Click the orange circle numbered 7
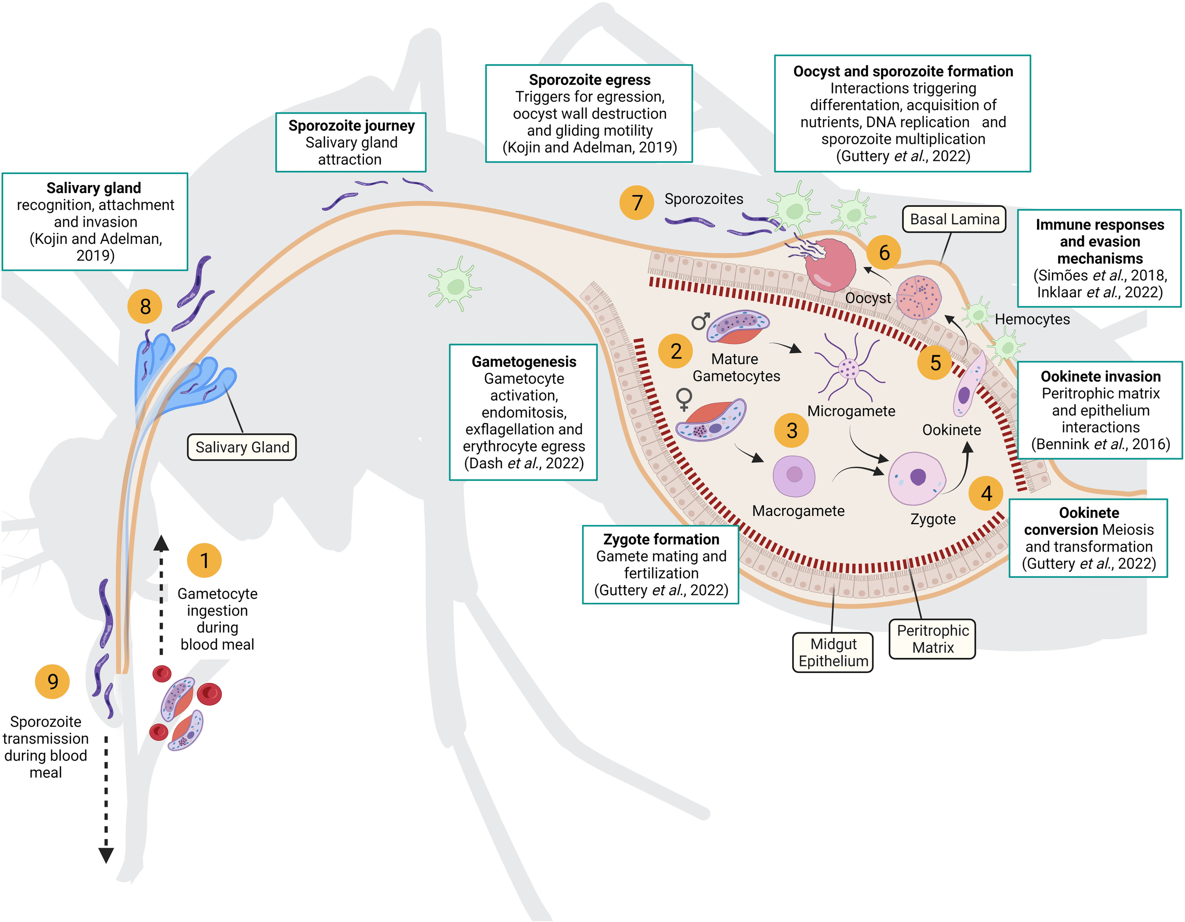[x=637, y=203]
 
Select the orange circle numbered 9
[x=52, y=681]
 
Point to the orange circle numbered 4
[x=986, y=493]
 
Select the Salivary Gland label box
[x=242, y=447]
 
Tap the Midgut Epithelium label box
[x=833, y=653]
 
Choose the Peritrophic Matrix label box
[x=932, y=639]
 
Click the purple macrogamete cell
[x=794, y=476]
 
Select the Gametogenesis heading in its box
[x=524, y=361]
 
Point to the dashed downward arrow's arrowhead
[x=106, y=855]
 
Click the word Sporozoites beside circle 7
[x=704, y=199]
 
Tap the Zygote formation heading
[x=661, y=539]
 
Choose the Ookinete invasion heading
[x=1100, y=376]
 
